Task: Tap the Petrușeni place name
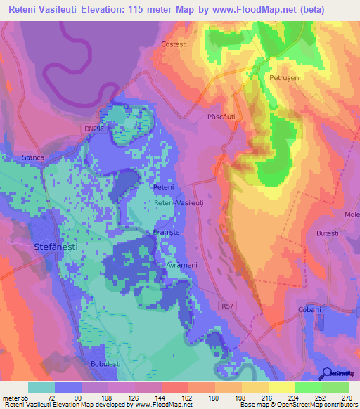285,78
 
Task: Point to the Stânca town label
34,158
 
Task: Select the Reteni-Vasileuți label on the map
179,202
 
